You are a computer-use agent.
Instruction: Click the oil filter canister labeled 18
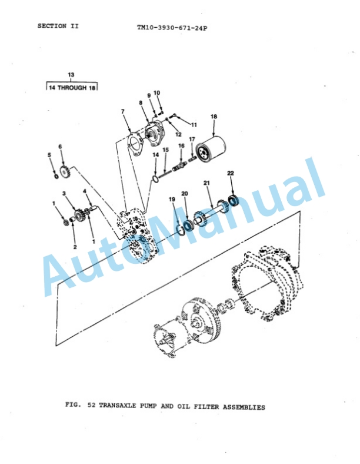tap(212, 150)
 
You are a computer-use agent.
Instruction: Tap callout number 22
tap(231, 173)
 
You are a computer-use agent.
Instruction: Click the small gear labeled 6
tap(65, 172)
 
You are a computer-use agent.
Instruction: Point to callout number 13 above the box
tap(71, 75)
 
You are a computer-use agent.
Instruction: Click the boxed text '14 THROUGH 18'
tap(72, 88)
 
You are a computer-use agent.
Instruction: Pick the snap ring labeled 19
tap(181, 228)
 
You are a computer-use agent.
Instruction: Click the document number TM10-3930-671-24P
tap(172, 28)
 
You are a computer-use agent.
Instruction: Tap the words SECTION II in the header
tap(58, 26)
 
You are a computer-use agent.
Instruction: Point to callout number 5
tap(49, 155)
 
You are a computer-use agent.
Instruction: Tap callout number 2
tap(75, 247)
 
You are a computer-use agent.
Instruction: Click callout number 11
tap(194, 125)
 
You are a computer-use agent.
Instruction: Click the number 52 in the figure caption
tap(91, 405)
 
